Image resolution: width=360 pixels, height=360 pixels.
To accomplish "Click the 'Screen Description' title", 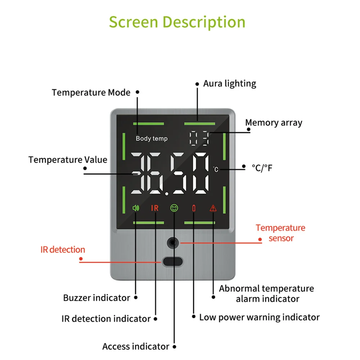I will click(x=177, y=22).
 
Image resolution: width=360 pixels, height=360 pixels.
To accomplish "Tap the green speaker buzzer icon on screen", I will click(x=136, y=208).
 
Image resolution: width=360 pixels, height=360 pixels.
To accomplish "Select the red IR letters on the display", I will click(x=154, y=208).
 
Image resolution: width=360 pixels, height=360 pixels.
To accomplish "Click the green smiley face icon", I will click(x=174, y=208).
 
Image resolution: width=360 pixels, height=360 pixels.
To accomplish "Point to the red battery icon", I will click(x=194, y=208).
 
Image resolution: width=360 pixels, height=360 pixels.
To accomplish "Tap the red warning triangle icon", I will click(x=213, y=208).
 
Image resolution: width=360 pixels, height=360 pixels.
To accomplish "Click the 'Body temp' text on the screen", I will click(x=152, y=139).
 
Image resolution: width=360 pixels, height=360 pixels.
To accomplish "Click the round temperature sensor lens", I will click(x=173, y=243).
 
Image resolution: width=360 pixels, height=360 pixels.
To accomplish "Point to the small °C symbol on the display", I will click(x=215, y=169).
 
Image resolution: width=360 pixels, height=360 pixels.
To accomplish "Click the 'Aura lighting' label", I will click(x=230, y=84).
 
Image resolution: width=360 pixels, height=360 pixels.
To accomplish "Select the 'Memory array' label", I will click(x=274, y=123).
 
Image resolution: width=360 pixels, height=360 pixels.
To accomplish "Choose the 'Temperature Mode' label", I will click(x=91, y=93).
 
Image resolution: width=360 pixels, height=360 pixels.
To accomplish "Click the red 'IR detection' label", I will click(x=63, y=249).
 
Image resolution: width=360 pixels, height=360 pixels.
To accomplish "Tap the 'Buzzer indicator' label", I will click(x=96, y=298).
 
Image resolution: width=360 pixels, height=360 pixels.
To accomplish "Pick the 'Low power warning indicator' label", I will click(x=259, y=317).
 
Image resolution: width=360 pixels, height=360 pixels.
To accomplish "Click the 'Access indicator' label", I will click(x=136, y=346).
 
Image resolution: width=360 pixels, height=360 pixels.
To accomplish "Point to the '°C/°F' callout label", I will click(x=262, y=167).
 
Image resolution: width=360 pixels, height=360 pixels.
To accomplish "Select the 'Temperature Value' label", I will click(x=68, y=159).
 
